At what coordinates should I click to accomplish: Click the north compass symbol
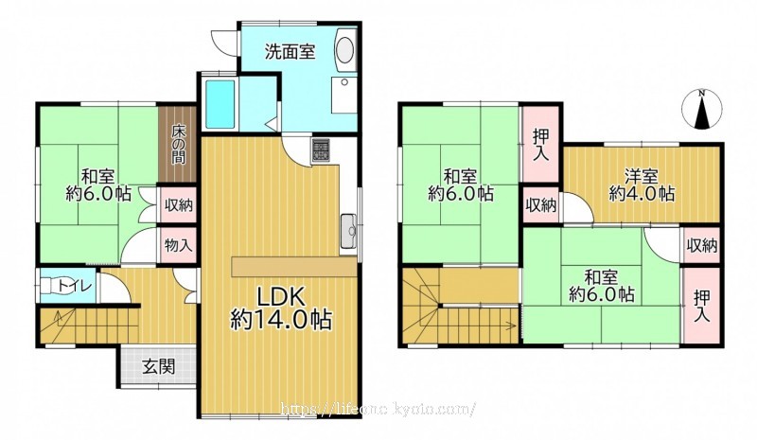[702, 109]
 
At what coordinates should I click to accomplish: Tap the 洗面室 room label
[290, 51]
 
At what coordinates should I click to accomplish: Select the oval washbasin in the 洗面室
[344, 50]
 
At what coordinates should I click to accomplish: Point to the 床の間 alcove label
[178, 145]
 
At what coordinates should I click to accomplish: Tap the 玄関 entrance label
[158, 367]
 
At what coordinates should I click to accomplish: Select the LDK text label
[280, 296]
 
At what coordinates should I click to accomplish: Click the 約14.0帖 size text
[281, 319]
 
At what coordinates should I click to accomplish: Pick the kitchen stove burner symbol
[321, 150]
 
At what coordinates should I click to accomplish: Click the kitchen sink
[348, 230]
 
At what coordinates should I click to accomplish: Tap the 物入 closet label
[179, 245]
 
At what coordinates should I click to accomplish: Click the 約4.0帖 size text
[642, 194]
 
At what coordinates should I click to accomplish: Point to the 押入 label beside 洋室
[541, 146]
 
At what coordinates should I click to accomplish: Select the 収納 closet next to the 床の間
[179, 205]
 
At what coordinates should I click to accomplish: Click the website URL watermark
[378, 409]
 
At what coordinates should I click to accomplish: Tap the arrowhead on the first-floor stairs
[58, 316]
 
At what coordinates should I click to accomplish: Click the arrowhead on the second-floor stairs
[511, 326]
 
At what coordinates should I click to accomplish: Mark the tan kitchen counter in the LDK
[293, 267]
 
